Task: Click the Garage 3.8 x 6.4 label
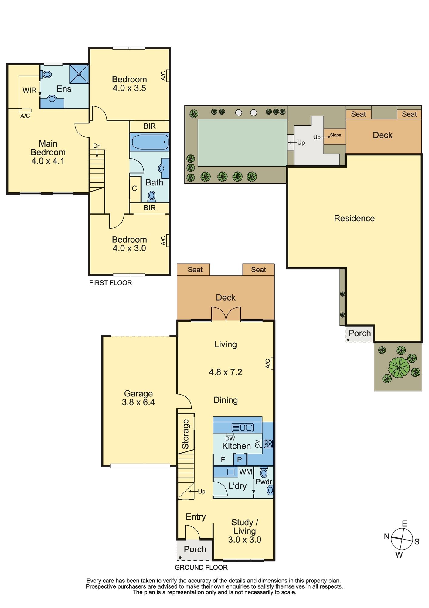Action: pyautogui.click(x=138, y=398)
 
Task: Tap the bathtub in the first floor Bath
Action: pyautogui.click(x=149, y=142)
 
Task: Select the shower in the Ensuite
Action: pyautogui.click(x=79, y=74)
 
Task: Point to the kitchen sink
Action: pyautogui.click(x=242, y=427)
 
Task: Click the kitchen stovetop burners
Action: pyautogui.click(x=268, y=444)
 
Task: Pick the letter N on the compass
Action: pyautogui.click(x=387, y=536)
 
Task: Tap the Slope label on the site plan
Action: pyautogui.click(x=335, y=135)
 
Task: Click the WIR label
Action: pyautogui.click(x=29, y=90)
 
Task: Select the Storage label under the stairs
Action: pyautogui.click(x=185, y=434)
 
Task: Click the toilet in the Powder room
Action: pyautogui.click(x=264, y=473)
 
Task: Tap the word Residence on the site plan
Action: pyautogui.click(x=354, y=218)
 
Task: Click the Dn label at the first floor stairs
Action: pyautogui.click(x=97, y=146)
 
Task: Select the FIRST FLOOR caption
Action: pyautogui.click(x=111, y=283)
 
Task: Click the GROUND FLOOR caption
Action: pyautogui.click(x=201, y=567)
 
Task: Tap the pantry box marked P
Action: pyautogui.click(x=240, y=459)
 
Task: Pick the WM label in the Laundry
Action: pyautogui.click(x=246, y=472)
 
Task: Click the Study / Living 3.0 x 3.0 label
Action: pyautogui.click(x=244, y=531)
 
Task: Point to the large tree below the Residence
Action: pyautogui.click(x=399, y=367)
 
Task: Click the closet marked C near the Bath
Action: pyautogui.click(x=135, y=189)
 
